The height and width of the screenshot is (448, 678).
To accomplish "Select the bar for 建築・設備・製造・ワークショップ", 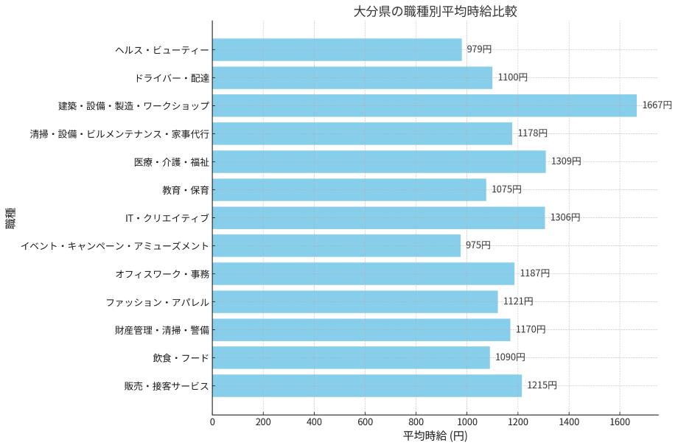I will click(x=424, y=105).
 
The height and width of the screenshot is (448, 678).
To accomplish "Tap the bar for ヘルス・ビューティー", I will click(x=337, y=49).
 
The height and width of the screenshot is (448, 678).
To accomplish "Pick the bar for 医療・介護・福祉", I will click(x=379, y=161).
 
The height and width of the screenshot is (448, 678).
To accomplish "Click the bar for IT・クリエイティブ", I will click(x=378, y=217).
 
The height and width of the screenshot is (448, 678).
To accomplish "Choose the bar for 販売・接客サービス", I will click(x=367, y=385).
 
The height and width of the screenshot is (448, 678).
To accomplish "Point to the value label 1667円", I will click(x=657, y=105).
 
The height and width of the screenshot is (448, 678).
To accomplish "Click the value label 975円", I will click(x=478, y=245).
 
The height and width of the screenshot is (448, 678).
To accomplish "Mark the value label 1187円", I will click(x=534, y=273).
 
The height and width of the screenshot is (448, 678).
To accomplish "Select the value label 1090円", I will click(x=510, y=357).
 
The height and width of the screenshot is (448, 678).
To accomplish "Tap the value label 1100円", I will click(x=512, y=77).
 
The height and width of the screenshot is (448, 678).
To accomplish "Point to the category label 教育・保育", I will click(x=186, y=189).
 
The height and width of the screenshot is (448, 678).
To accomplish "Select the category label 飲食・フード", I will click(x=181, y=357).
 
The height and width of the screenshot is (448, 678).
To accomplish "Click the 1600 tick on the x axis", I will click(x=620, y=422).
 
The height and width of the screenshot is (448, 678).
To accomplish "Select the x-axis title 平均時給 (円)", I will click(x=435, y=436).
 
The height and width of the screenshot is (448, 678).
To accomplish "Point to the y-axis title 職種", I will click(x=11, y=218).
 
